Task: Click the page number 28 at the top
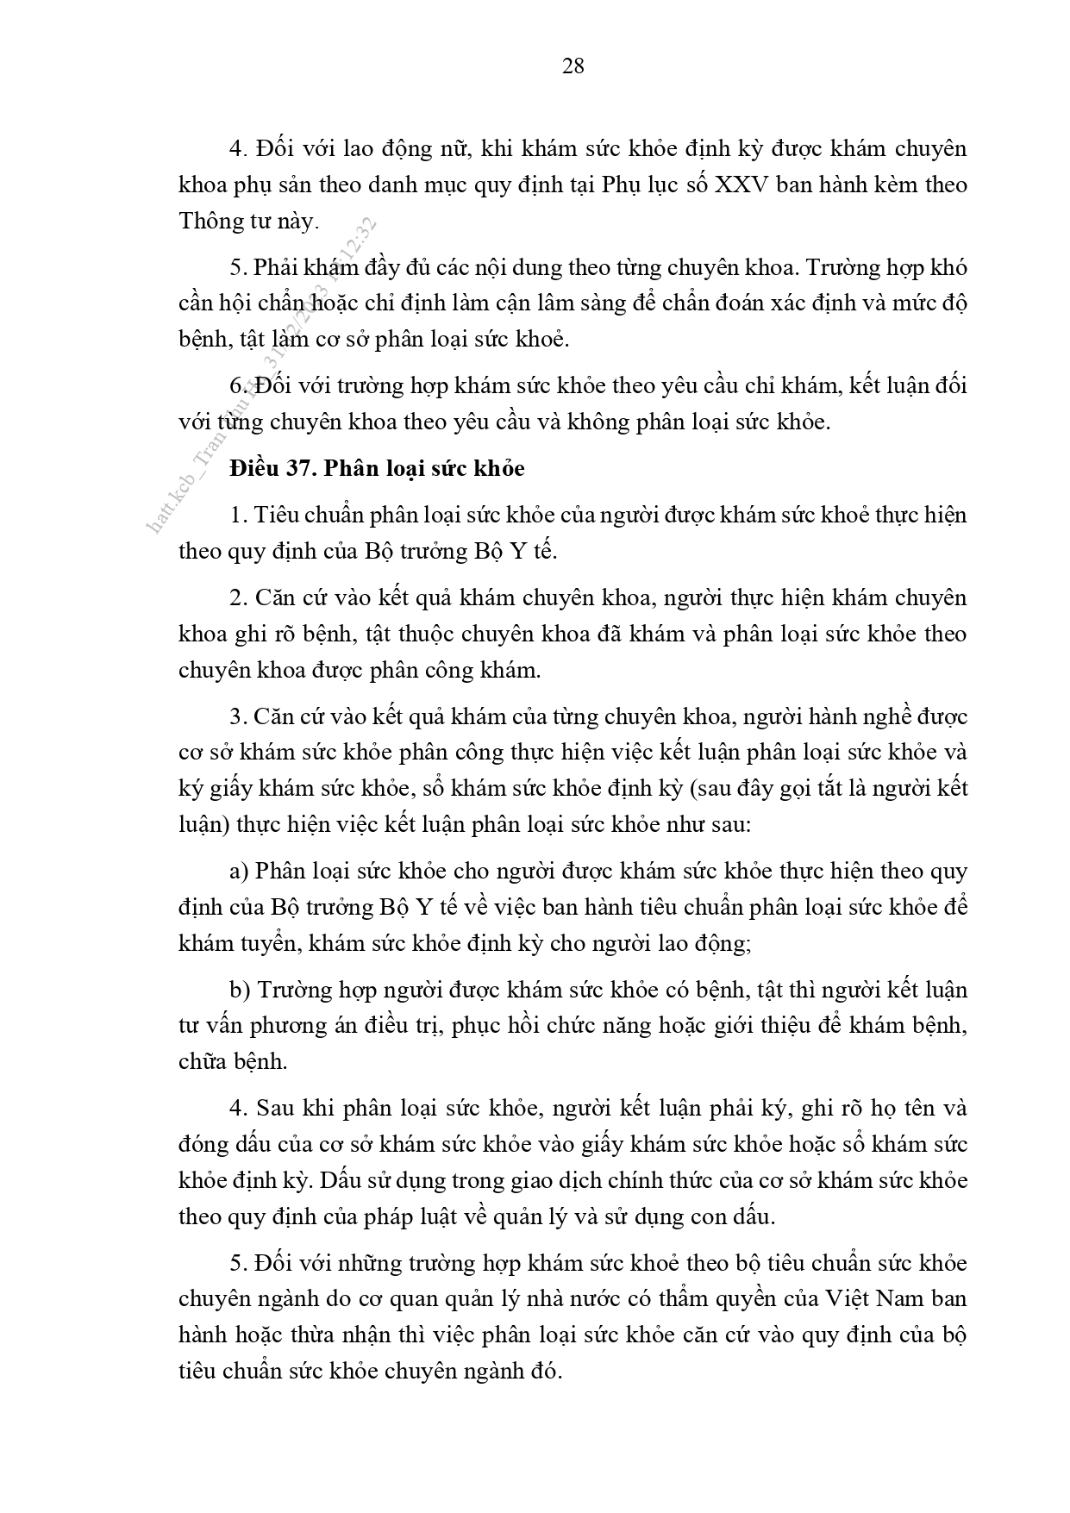[x=573, y=66]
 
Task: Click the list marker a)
[x=239, y=872]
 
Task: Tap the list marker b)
[x=240, y=991]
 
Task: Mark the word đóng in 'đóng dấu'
[x=203, y=1146]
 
